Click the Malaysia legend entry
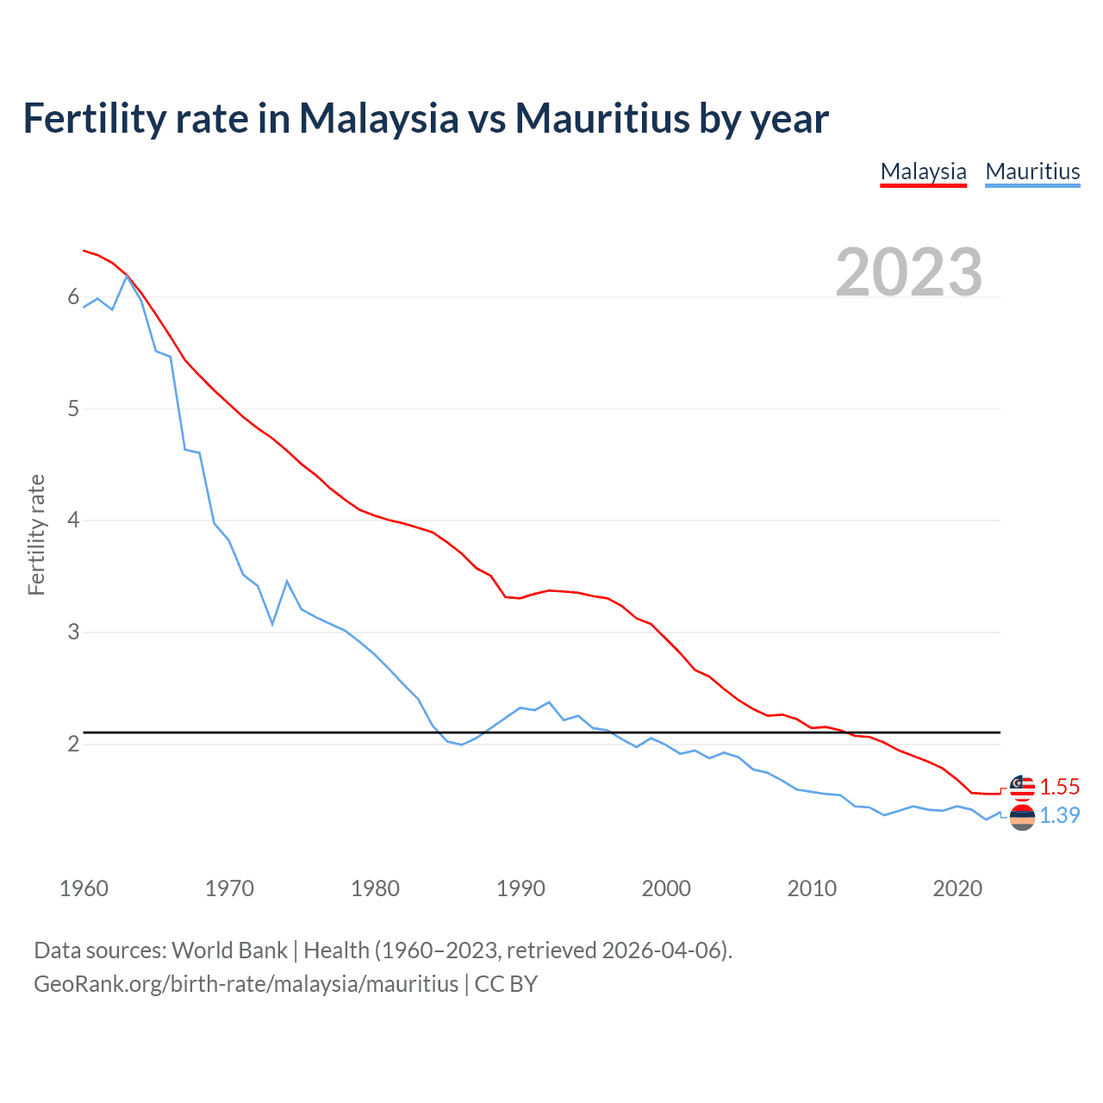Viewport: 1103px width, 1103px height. tap(923, 171)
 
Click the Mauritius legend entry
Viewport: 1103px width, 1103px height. tap(1032, 171)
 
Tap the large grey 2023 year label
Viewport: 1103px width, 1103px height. tap(909, 272)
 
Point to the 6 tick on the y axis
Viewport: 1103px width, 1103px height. tap(73, 297)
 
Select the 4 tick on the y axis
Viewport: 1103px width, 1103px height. tap(73, 520)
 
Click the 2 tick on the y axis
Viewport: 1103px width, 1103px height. tap(73, 744)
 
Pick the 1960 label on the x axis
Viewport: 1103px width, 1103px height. tap(84, 888)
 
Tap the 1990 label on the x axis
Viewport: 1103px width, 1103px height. tap(520, 888)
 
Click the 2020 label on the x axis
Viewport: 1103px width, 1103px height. tap(957, 888)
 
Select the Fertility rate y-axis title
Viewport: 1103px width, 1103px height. tap(36, 534)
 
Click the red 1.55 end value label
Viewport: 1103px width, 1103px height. tap(1059, 787)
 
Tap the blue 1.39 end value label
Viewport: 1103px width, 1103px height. tap(1059, 815)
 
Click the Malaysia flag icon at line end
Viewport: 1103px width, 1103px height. tap(1022, 786)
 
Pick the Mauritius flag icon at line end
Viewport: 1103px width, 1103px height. tap(1022, 817)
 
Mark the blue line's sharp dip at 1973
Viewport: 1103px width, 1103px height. tap(272, 623)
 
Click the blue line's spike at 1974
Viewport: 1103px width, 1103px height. tap(287, 582)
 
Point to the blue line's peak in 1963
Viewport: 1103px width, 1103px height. tap(127, 276)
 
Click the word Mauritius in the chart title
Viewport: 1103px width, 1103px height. tap(602, 118)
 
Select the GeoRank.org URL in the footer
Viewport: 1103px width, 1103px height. tap(246, 984)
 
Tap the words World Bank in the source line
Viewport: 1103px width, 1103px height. tap(229, 950)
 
